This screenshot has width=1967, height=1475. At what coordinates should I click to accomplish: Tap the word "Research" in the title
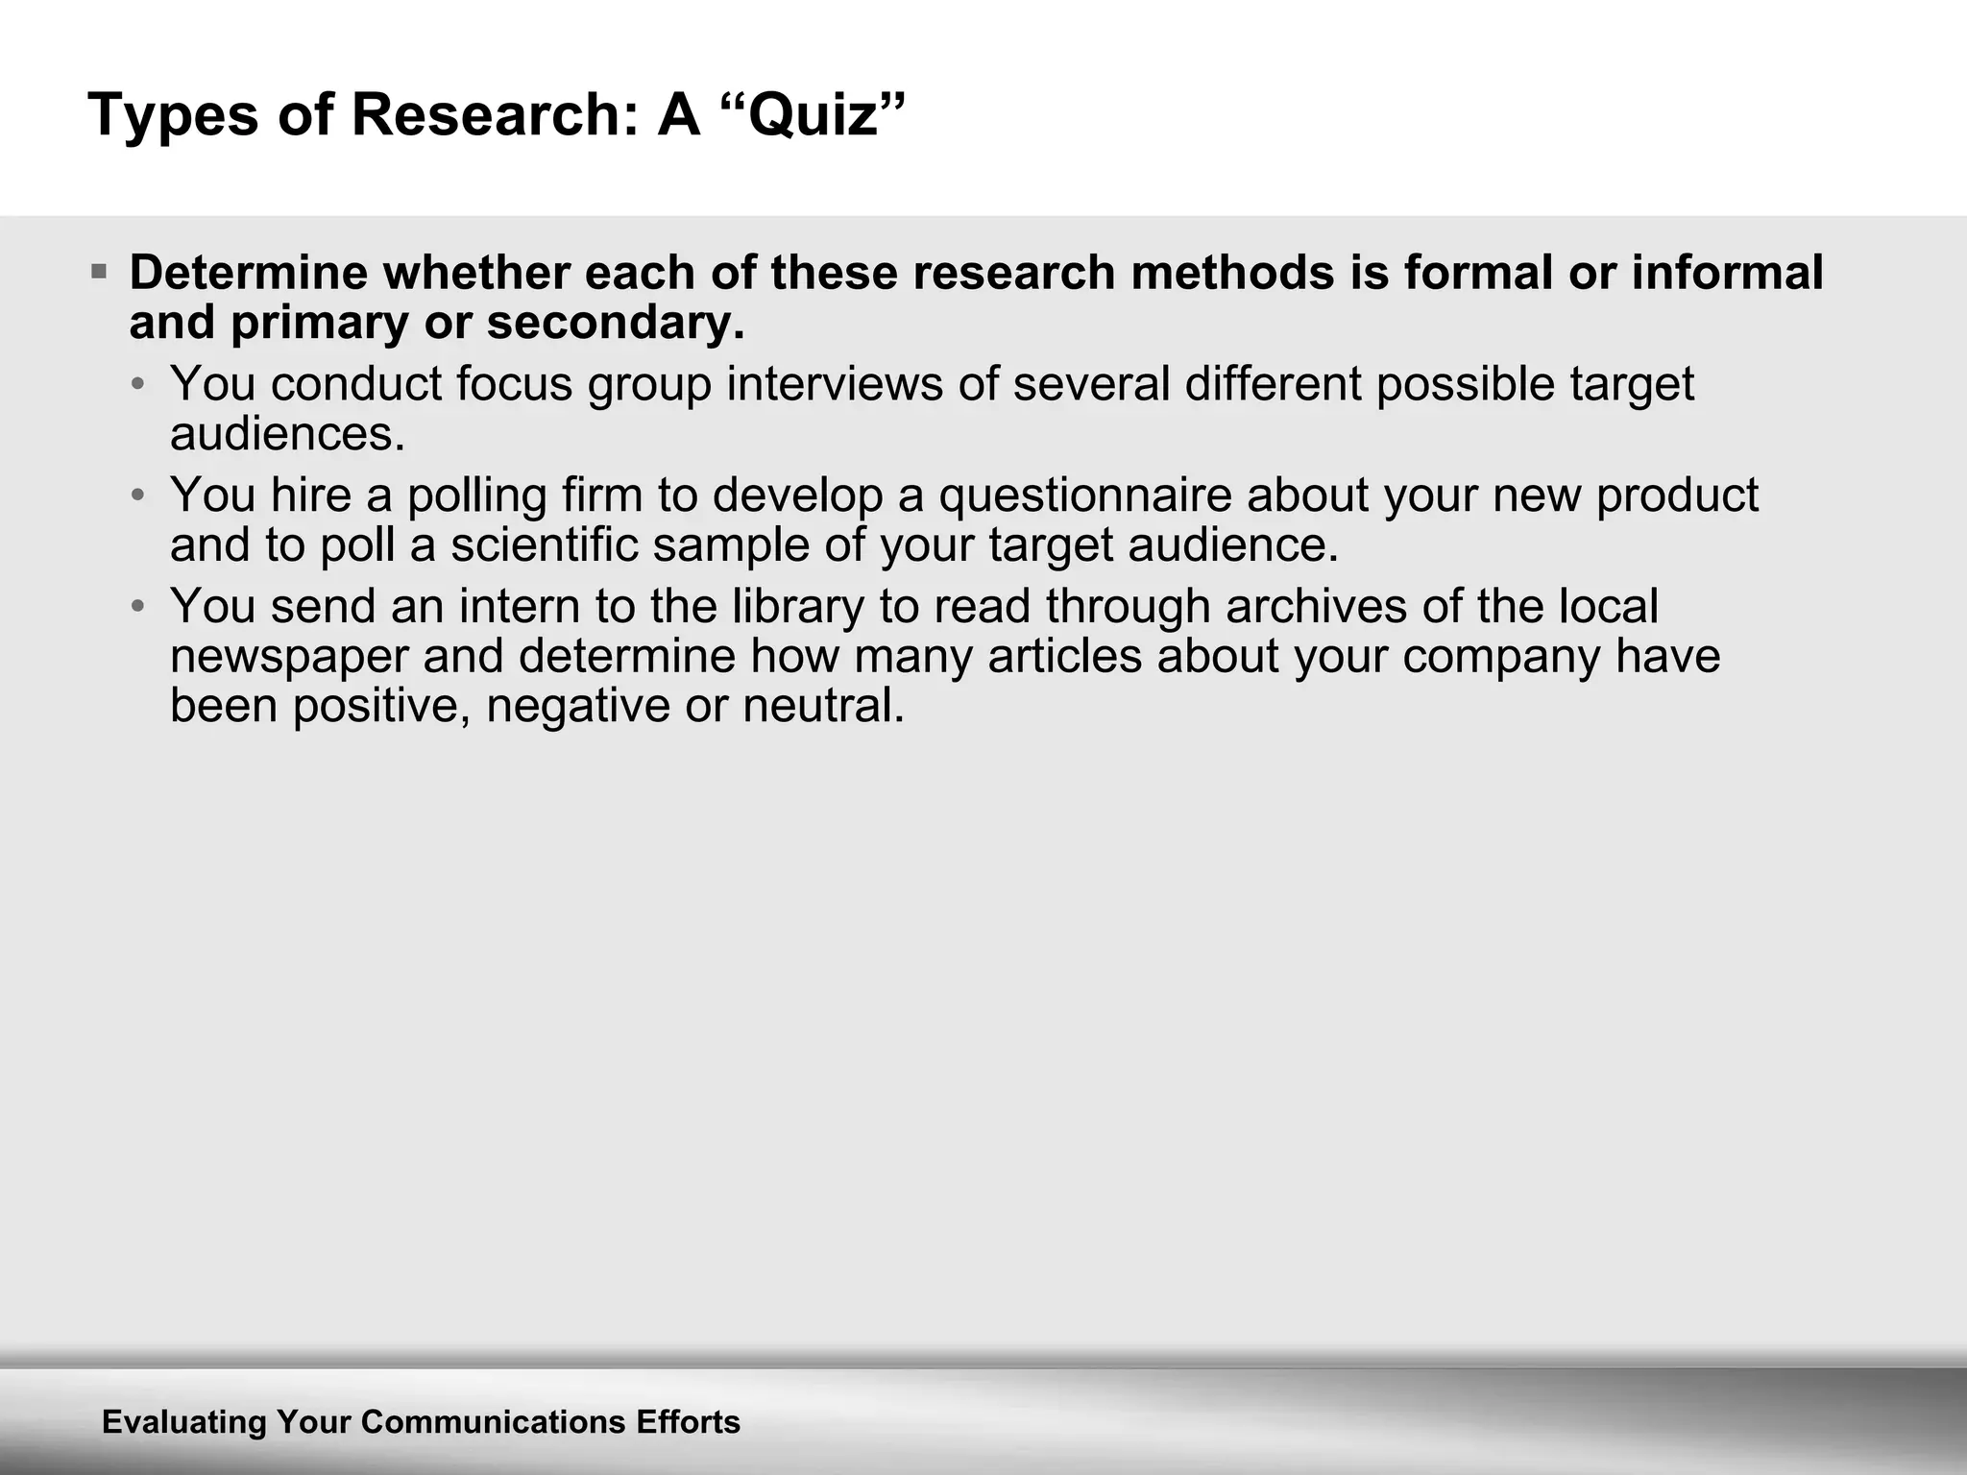pyautogui.click(x=488, y=115)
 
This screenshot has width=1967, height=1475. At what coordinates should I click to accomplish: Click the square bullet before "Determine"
pyautogui.click(x=99, y=273)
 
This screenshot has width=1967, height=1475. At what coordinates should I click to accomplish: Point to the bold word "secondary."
pyautogui.click(x=616, y=323)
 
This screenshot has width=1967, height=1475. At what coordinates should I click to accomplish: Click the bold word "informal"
pyautogui.click(x=1727, y=273)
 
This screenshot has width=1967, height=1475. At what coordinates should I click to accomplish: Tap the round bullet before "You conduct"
pyautogui.click(x=139, y=385)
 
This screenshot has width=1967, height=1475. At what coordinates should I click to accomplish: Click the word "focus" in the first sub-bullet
pyautogui.click(x=515, y=384)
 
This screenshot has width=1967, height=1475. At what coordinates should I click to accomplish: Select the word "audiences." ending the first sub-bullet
pyautogui.click(x=287, y=434)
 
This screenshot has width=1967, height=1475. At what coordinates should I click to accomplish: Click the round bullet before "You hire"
pyautogui.click(x=139, y=496)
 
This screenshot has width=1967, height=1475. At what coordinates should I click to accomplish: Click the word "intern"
pyautogui.click(x=519, y=607)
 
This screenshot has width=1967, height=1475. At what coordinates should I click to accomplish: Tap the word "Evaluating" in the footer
pyautogui.click(x=183, y=1422)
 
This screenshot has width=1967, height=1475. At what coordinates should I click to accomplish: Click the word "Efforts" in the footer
pyautogui.click(x=688, y=1422)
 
